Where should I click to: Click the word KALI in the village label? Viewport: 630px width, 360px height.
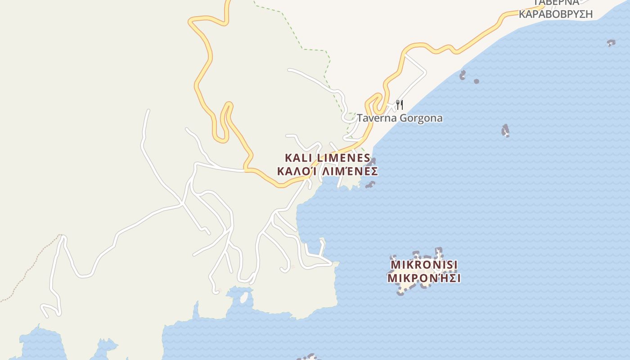pyautogui.click(x=299, y=158)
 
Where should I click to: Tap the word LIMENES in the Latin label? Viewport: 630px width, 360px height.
pyautogui.click(x=344, y=158)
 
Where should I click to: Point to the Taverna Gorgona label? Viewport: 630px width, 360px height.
pyautogui.click(x=400, y=118)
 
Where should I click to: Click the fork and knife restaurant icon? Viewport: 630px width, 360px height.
pyautogui.click(x=399, y=105)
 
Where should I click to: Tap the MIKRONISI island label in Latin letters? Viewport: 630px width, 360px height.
pyautogui.click(x=424, y=264)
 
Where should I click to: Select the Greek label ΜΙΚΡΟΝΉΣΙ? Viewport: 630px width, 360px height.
pyautogui.click(x=424, y=278)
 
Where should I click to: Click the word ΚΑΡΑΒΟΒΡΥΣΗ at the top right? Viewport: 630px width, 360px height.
pyautogui.click(x=555, y=14)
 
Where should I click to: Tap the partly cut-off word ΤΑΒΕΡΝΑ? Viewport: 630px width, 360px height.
pyautogui.click(x=555, y=3)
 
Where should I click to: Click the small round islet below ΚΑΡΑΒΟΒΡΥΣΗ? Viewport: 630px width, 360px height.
pyautogui.click(x=477, y=81)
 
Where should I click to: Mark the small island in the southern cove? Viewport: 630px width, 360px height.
pyautogui.click(x=244, y=297)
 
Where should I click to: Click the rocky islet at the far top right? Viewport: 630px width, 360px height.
pyautogui.click(x=611, y=43)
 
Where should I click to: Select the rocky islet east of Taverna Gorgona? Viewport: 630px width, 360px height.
pyautogui.click(x=505, y=130)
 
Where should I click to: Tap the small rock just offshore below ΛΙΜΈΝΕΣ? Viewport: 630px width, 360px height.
pyautogui.click(x=370, y=184)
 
